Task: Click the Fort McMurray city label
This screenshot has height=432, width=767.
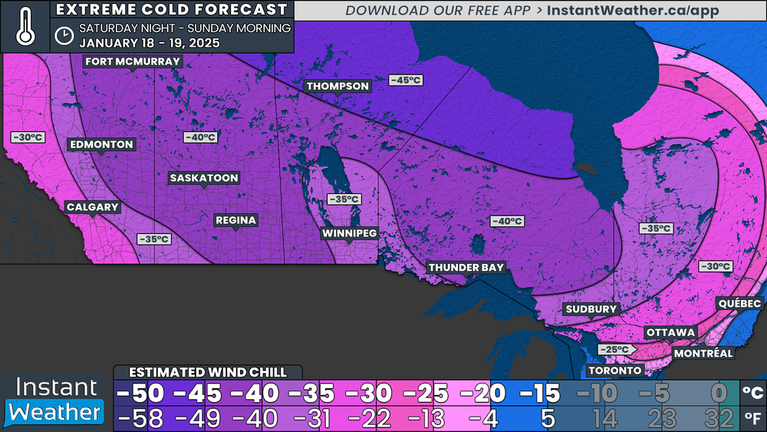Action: point(133,61)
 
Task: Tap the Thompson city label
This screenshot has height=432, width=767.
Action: point(338,86)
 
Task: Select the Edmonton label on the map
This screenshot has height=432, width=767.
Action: point(101,144)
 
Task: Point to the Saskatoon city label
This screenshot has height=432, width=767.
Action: point(204,178)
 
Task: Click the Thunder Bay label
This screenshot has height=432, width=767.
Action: point(466,267)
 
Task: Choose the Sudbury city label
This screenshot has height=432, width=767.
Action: point(591,309)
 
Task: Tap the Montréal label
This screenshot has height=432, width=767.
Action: point(703,353)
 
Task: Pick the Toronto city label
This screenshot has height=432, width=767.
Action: point(614,371)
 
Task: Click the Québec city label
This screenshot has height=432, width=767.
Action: point(739,304)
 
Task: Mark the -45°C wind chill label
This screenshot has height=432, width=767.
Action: point(406,80)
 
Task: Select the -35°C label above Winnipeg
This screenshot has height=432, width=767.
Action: point(344,199)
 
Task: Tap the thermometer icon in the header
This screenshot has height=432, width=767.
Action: point(25,26)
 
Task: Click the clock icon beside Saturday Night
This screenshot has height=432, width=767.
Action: point(64,35)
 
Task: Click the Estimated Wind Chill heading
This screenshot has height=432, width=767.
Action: point(208,372)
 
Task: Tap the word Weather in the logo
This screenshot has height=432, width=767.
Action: point(55,412)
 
